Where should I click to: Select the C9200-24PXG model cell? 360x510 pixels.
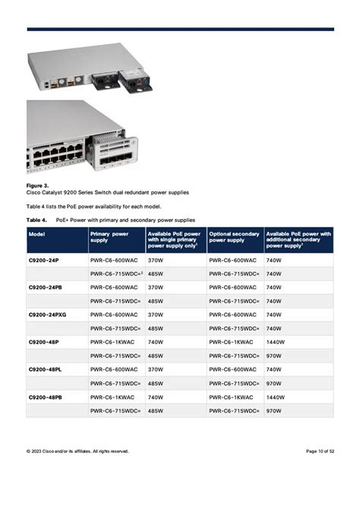click(49, 314)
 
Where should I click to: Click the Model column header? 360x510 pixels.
click(36, 234)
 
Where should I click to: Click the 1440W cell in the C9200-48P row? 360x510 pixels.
click(275, 341)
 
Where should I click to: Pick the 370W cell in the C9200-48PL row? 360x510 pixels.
click(156, 369)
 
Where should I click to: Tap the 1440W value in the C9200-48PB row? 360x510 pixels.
click(275, 397)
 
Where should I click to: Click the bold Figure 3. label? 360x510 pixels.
click(38, 185)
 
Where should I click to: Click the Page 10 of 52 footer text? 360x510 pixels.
click(320, 451)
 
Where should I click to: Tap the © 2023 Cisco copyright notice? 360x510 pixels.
click(77, 451)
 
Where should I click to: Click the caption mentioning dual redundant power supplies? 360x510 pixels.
click(108, 192)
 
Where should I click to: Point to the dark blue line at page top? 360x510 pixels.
click(180, 29)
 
